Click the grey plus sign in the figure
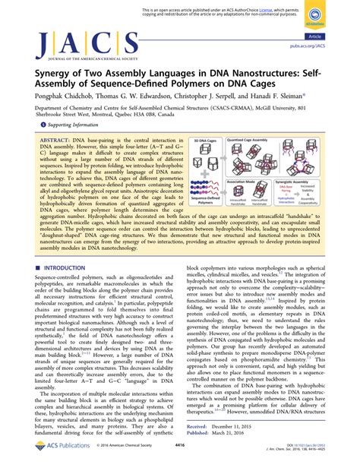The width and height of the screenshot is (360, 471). click(x=199, y=182)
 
